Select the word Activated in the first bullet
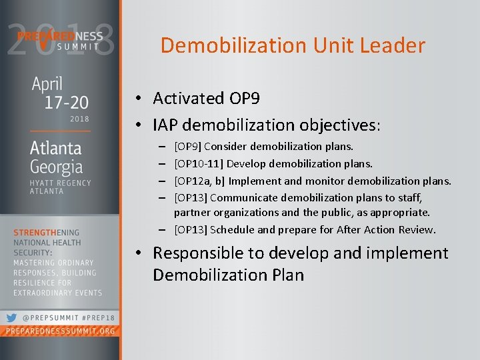pyautogui.click(x=189, y=99)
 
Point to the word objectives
pyautogui.click(x=338, y=125)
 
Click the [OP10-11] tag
pyautogui.click(x=198, y=163)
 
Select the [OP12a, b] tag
pyautogui.click(x=200, y=181)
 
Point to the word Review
pyautogui.click(x=417, y=230)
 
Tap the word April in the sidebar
pyautogui.click(x=47, y=85)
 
